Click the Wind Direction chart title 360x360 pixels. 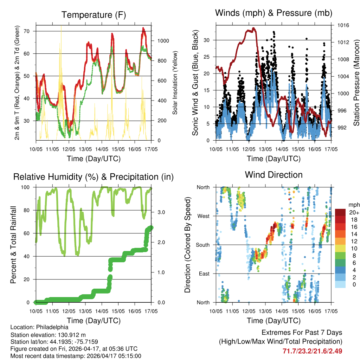pos(274,174)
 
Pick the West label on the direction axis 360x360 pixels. pos(203,216)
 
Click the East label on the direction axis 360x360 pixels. pos(203,274)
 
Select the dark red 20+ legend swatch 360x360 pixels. pos(341,212)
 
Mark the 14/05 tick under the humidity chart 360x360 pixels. pos(102,311)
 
